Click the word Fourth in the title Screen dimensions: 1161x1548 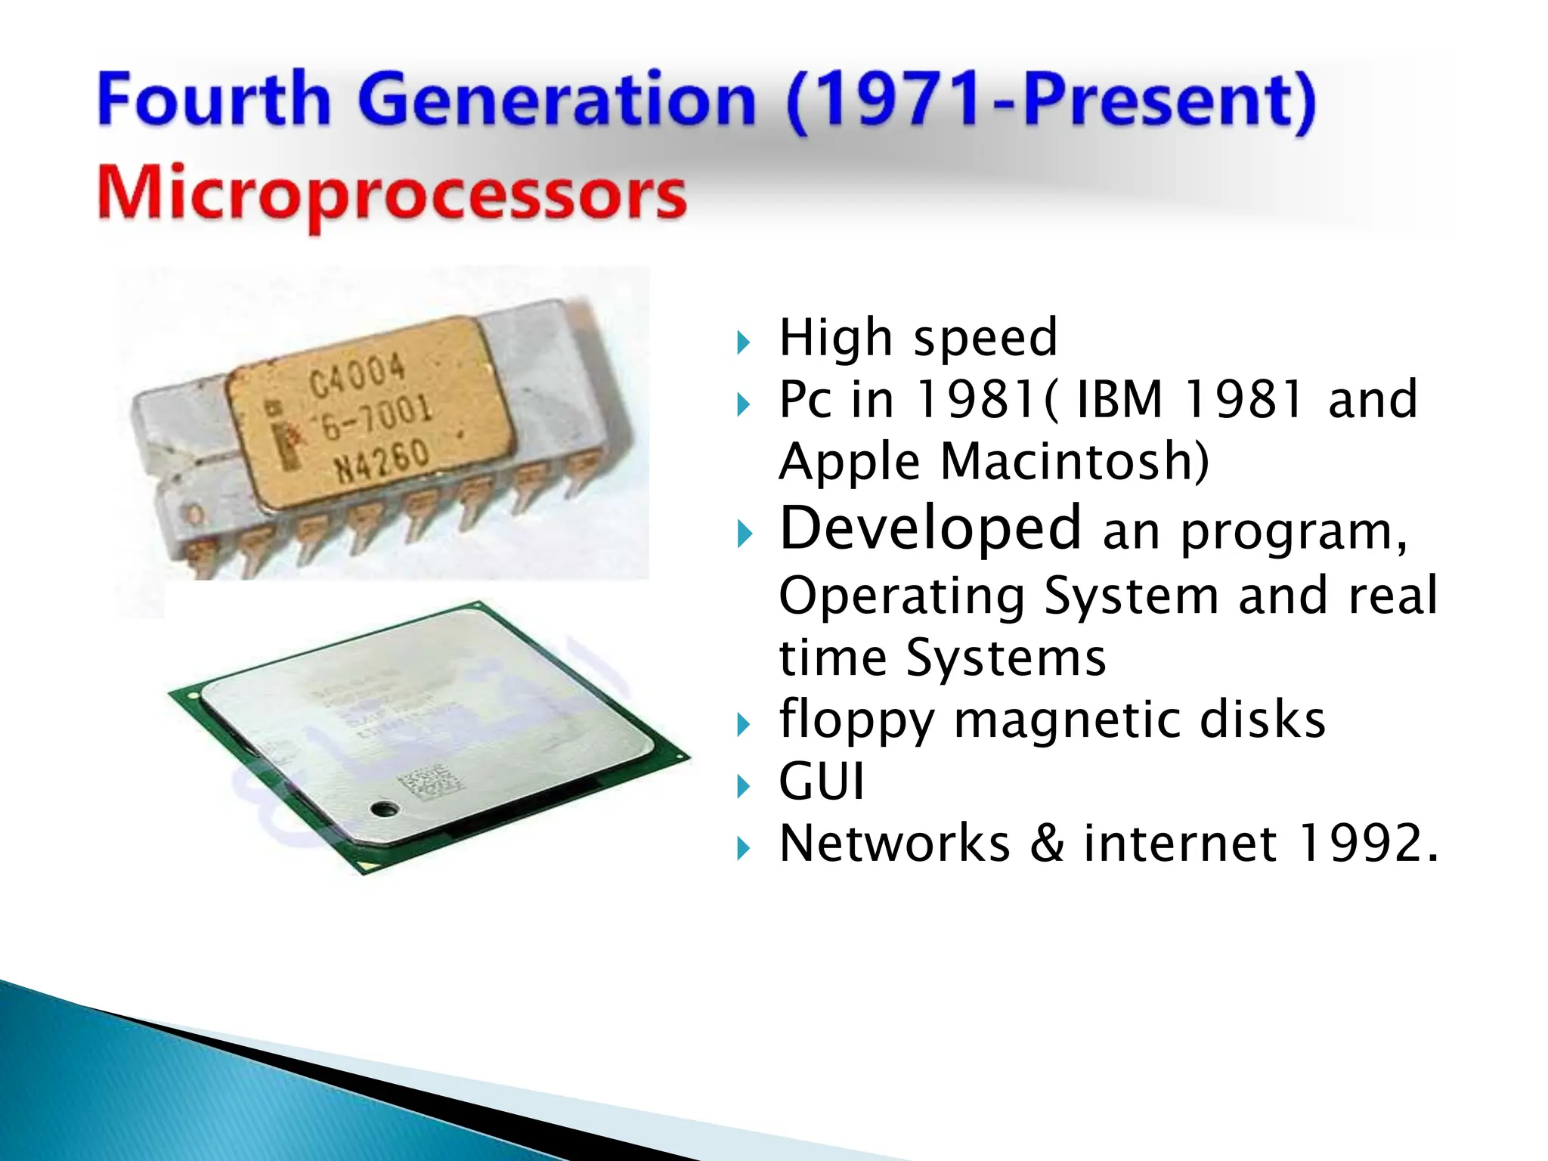pyautogui.click(x=214, y=99)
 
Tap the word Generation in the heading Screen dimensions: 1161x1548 pyautogui.click(x=556, y=101)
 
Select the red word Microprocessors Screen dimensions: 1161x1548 pyautogui.click(x=392, y=193)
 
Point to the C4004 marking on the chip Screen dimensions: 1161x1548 pyautogui.click(x=357, y=376)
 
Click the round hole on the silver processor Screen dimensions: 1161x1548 pyautogui.click(x=383, y=810)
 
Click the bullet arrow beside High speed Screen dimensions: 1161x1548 pyautogui.click(x=744, y=342)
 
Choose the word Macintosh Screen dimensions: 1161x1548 pyautogui.click(x=1074, y=461)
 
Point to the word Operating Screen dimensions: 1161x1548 pyautogui.click(x=902, y=596)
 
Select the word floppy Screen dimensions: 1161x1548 pyautogui.click(x=856, y=720)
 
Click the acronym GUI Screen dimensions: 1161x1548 pyautogui.click(x=822, y=781)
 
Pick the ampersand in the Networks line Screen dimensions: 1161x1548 pyautogui.click(x=1047, y=843)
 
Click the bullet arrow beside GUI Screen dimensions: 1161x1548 pyautogui.click(x=744, y=787)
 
